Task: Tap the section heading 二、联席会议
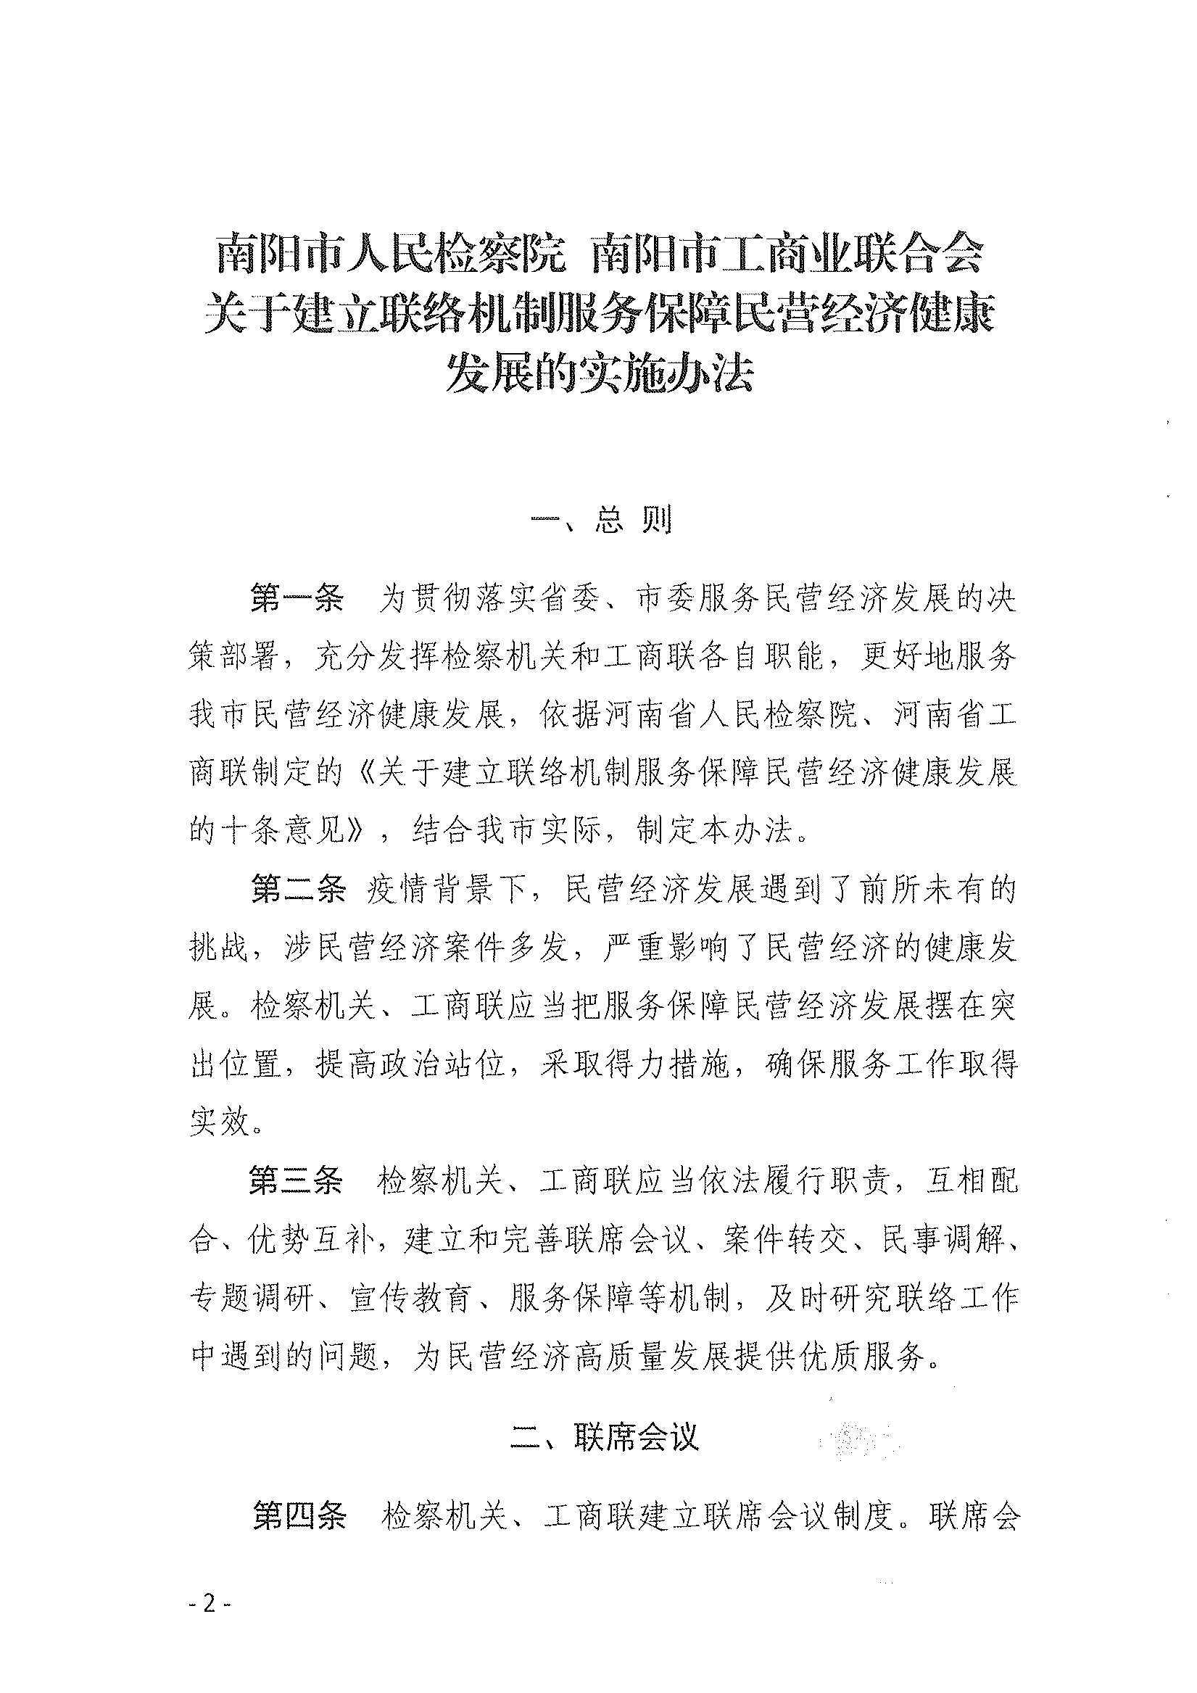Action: [604, 1437]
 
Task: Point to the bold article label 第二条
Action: [297, 890]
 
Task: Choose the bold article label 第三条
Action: [297, 1181]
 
